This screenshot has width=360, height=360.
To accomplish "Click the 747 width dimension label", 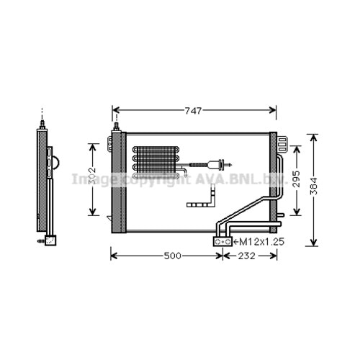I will coord(192,110).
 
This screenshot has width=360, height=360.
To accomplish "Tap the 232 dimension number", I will coord(248,256).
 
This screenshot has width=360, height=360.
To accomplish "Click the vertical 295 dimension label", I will coord(295,179).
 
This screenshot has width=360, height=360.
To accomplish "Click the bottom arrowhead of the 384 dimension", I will coord(312,243).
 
